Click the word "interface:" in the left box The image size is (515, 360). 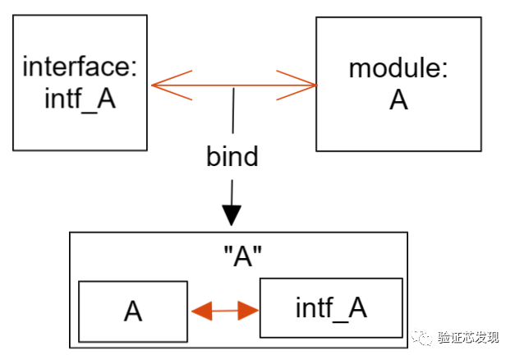coord(80,67)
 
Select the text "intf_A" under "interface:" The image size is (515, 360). coord(80,98)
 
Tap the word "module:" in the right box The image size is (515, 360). coord(398,68)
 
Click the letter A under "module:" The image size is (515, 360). coord(398,99)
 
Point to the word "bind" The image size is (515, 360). coord(232,156)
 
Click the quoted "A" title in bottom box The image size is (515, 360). coord(243,256)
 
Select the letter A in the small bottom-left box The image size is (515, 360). coord(133,311)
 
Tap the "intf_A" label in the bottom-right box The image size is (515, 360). coord(331,307)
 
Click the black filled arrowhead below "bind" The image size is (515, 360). coord(232,215)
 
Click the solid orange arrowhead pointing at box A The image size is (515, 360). coord(202,311)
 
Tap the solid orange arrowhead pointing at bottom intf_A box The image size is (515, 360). coord(248,311)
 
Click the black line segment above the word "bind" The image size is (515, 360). coord(233,111)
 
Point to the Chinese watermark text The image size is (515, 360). coord(468,337)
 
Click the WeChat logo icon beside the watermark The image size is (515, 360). coord(421,337)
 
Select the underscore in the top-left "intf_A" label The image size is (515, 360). coord(89,112)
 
